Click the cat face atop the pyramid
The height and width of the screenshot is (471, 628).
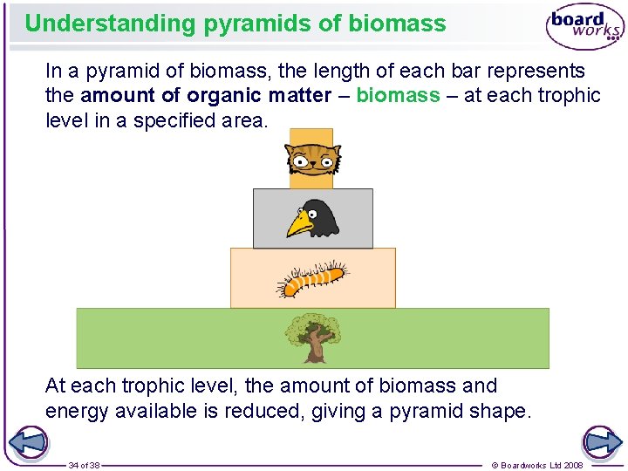[x=311, y=160]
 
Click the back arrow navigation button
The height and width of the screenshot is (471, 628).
[x=31, y=441]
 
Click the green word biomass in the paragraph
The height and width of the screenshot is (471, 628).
[x=398, y=95]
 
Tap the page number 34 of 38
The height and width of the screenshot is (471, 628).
[x=85, y=465]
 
